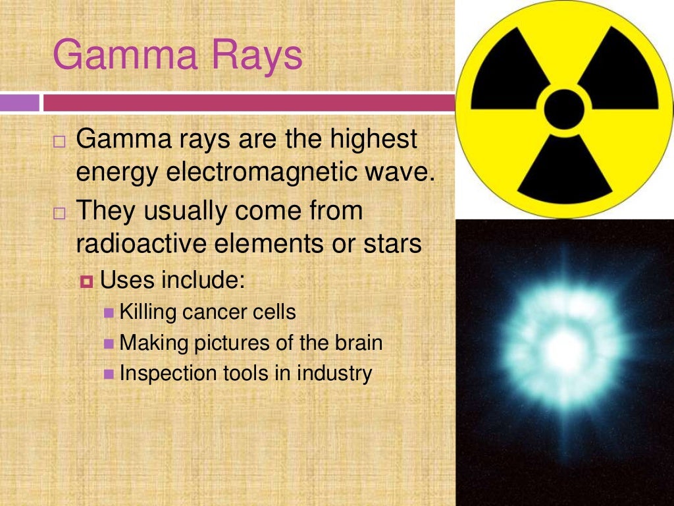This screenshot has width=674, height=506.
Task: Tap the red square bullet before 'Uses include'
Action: (x=88, y=282)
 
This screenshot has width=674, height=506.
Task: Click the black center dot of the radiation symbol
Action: (x=564, y=109)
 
